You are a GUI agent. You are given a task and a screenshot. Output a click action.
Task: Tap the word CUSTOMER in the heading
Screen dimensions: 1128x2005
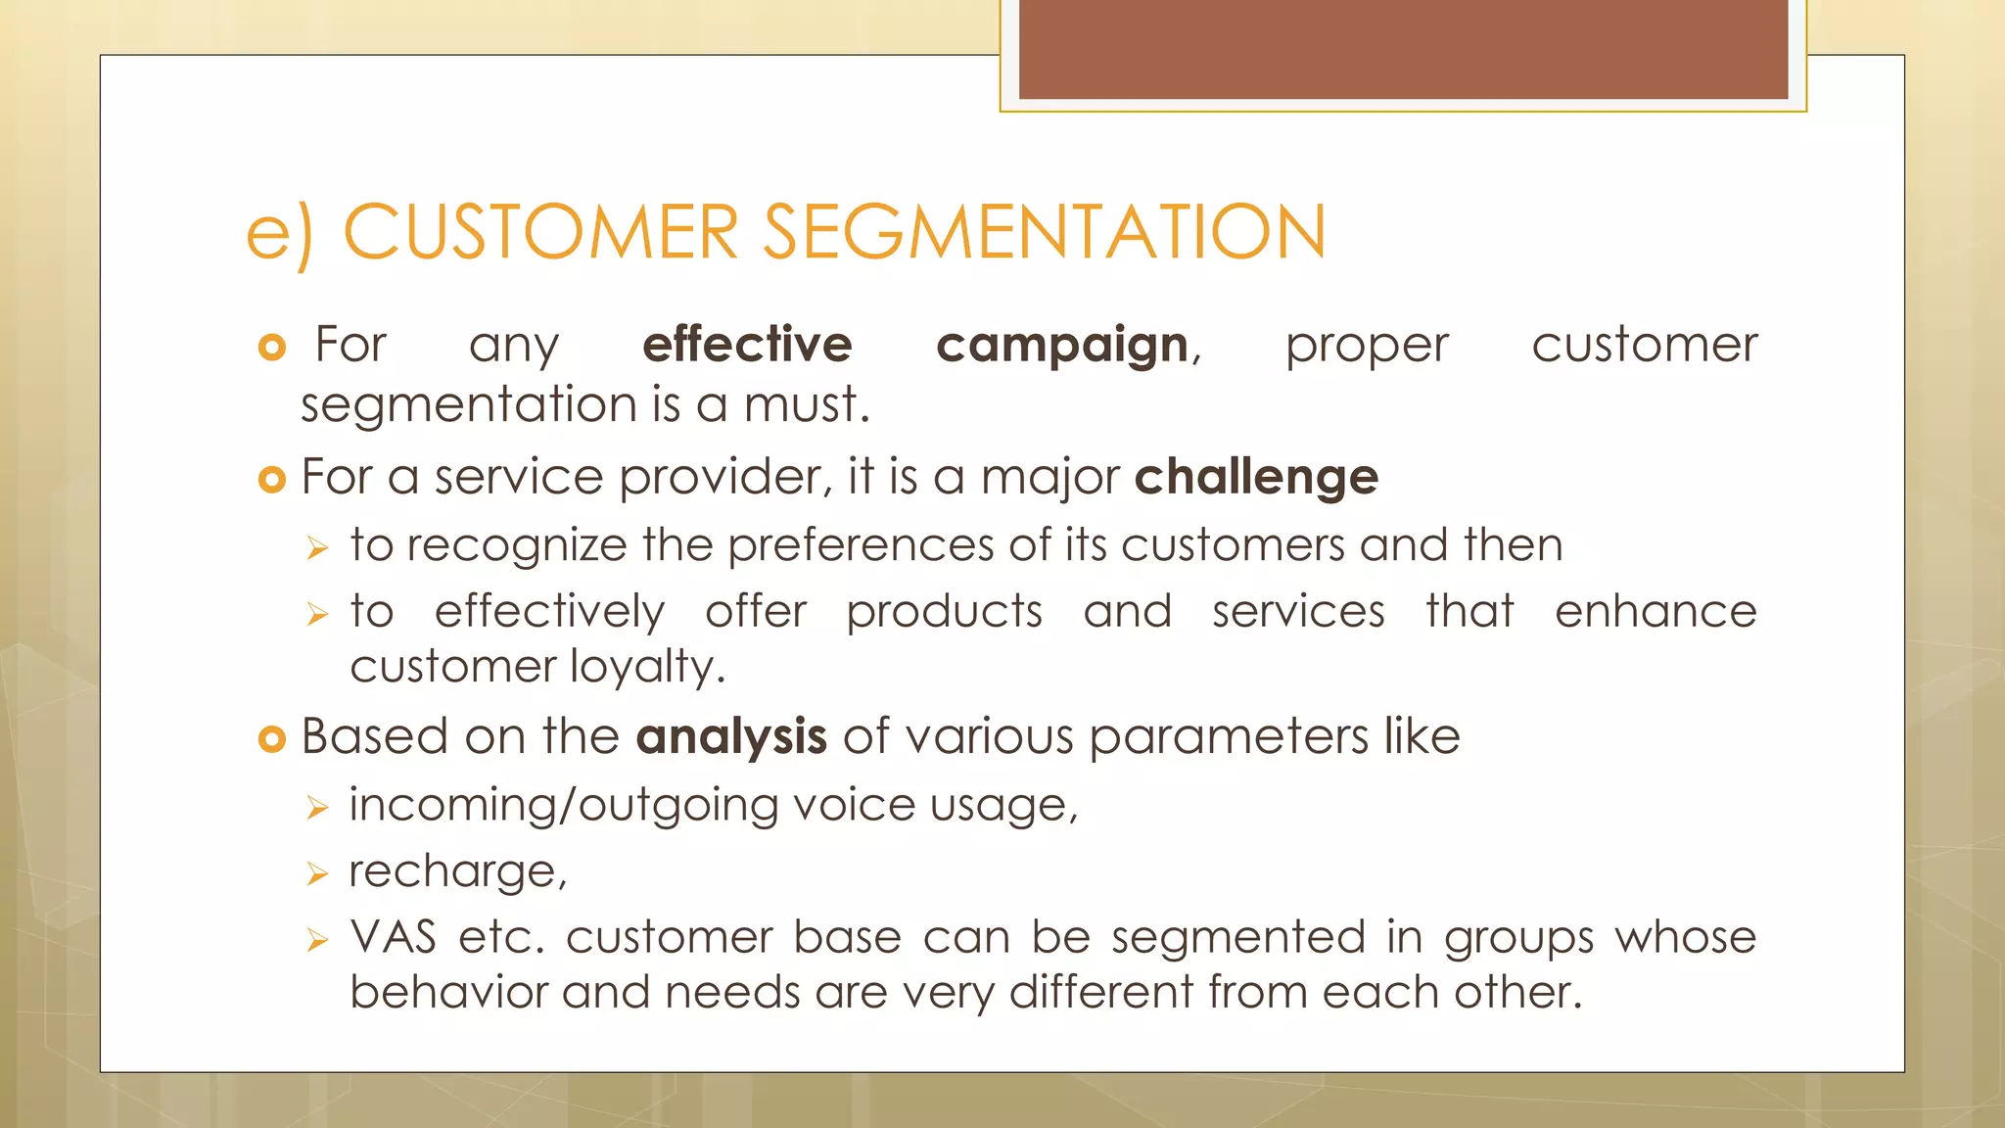click(x=540, y=233)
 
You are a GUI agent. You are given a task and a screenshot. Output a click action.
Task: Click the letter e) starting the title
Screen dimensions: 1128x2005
click(x=279, y=235)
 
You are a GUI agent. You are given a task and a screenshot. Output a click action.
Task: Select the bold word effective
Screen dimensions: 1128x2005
click(x=747, y=345)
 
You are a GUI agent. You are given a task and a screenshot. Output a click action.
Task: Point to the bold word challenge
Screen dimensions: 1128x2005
click(x=1256, y=478)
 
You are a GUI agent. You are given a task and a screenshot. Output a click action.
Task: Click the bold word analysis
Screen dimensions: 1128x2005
click(x=731, y=736)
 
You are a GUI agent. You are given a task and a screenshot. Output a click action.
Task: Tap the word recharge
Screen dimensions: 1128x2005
click(x=454, y=871)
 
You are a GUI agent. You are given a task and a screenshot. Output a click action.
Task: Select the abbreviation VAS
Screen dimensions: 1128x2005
click(x=394, y=937)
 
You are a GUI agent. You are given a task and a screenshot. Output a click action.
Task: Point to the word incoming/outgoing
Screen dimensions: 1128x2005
click(x=564, y=806)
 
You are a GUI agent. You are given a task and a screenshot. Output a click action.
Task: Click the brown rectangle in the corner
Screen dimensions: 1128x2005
click(x=1403, y=49)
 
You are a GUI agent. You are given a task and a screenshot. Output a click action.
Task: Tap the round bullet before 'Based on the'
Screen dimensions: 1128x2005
click(x=271, y=739)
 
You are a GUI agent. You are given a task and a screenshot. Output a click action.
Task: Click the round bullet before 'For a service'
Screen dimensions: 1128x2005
click(x=271, y=480)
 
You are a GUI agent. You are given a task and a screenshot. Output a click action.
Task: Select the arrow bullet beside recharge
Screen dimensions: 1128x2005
click(x=316, y=873)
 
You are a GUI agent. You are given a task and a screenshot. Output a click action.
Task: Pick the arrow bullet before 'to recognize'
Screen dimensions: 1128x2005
click(x=316, y=547)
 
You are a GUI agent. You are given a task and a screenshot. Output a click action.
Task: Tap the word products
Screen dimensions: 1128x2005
click(x=944, y=613)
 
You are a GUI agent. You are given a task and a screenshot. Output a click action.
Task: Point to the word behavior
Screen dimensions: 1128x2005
click(x=447, y=993)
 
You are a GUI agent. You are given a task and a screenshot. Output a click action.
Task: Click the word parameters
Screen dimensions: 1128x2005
click(x=1228, y=737)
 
